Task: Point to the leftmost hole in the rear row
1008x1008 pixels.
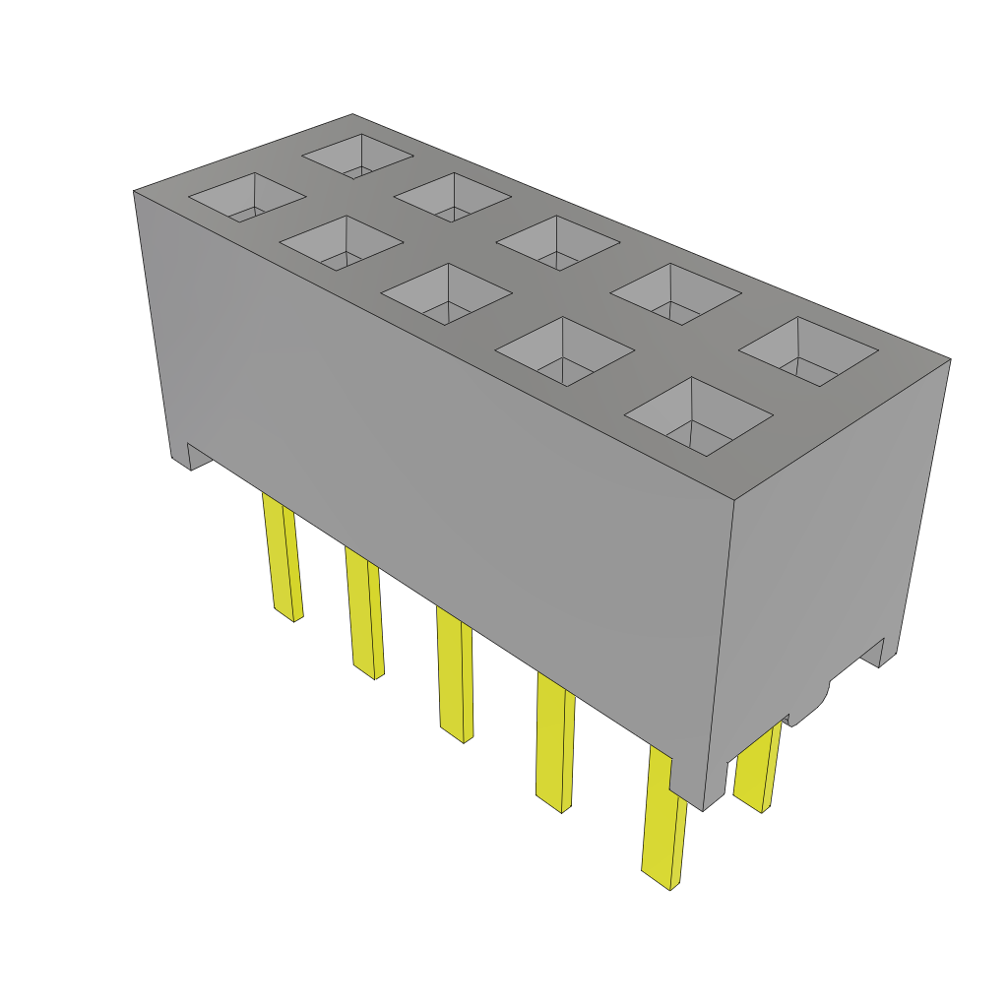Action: (357, 156)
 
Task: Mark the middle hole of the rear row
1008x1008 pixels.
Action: (557, 242)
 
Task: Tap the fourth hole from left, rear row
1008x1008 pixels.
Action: (675, 293)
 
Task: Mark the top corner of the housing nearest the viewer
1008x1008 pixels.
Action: (734, 500)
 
